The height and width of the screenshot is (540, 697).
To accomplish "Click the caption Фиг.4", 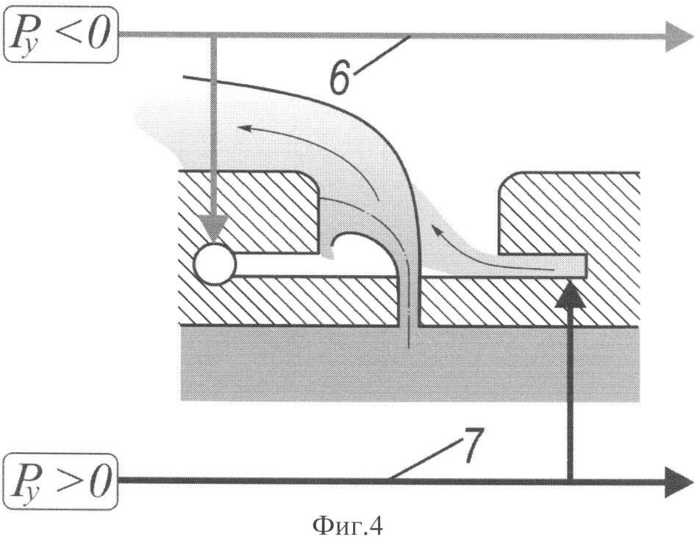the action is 347,527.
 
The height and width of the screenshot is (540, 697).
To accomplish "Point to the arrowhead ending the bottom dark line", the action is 679,482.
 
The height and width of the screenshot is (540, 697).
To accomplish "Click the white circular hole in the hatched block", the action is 215,264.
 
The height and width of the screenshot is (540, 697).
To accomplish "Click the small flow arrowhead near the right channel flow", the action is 439,231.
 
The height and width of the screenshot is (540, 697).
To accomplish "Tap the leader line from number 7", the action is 423,458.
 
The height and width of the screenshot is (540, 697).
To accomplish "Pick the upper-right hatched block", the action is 569,213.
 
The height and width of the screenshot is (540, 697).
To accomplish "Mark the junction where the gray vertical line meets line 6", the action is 213,34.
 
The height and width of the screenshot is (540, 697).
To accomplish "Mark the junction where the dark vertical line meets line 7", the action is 571,480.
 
